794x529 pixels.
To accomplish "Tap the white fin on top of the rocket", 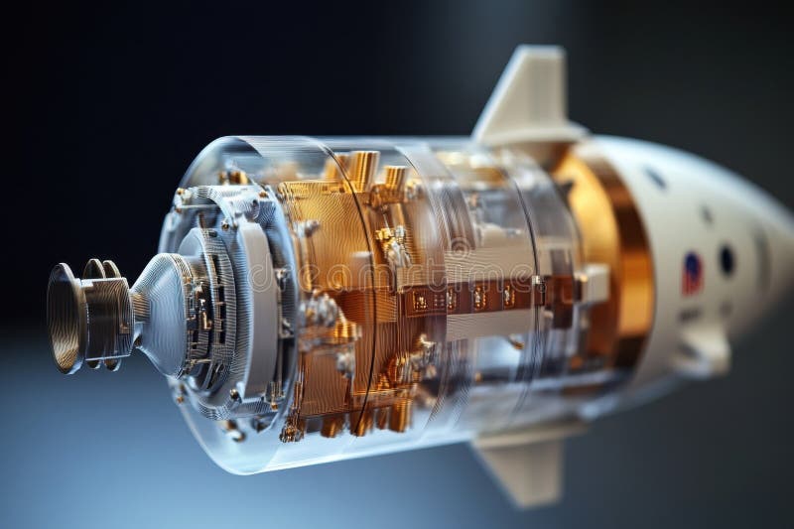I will pyautogui.click(x=527, y=95).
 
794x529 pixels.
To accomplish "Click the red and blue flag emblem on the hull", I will pyautogui.click(x=692, y=273).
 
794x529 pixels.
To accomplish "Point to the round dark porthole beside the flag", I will pyautogui.click(x=727, y=260).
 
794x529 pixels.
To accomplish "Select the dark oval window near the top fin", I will pyautogui.click(x=656, y=177).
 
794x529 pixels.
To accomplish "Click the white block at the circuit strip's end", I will pyautogui.click(x=594, y=284).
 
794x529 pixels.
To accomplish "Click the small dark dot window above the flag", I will pyautogui.click(x=706, y=214).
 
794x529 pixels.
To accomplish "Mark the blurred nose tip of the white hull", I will pyautogui.click(x=784, y=268).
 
